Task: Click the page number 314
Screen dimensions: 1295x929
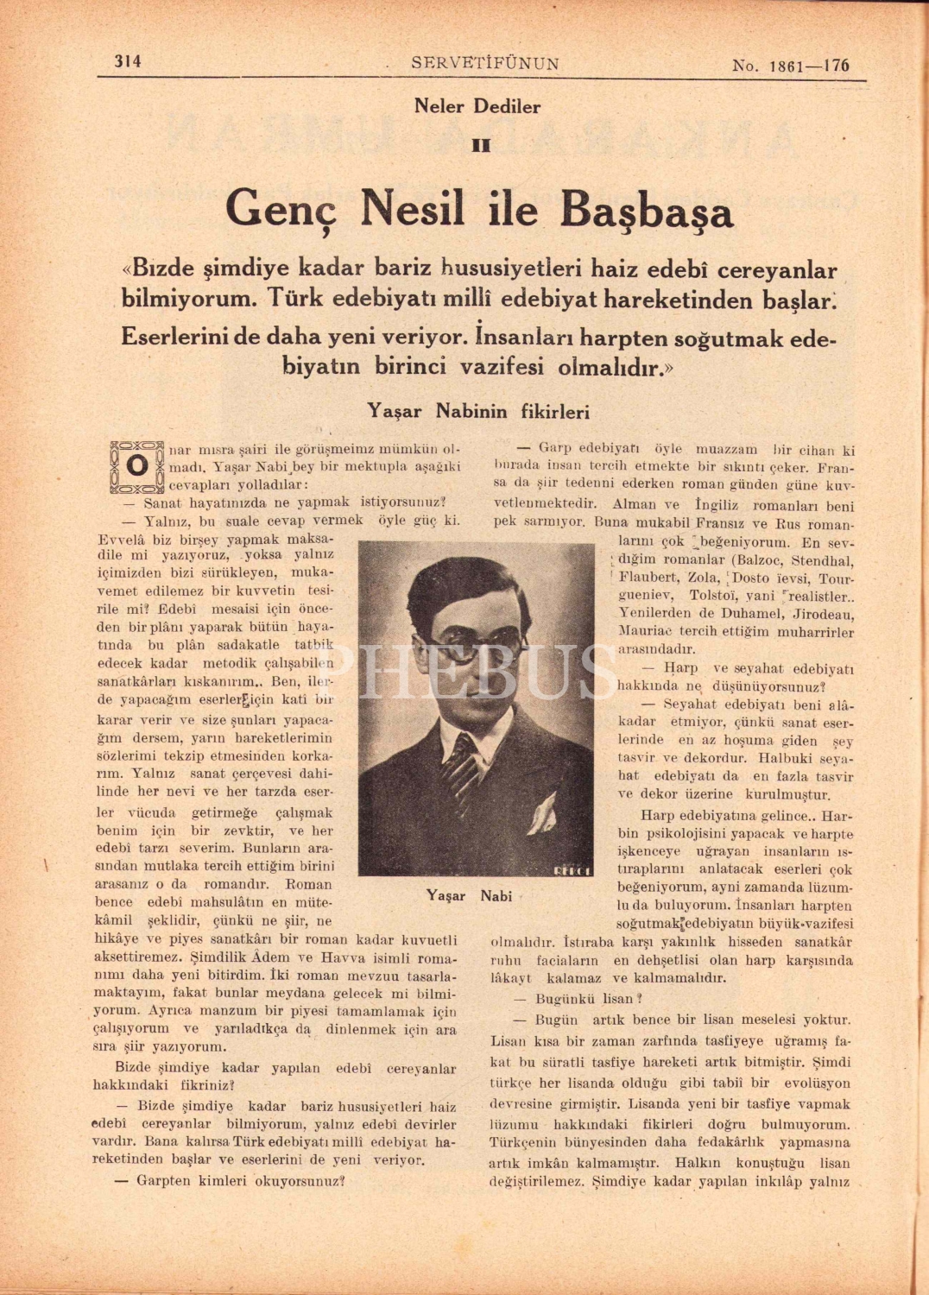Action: click(128, 61)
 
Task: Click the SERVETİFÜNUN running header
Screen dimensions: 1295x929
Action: click(485, 63)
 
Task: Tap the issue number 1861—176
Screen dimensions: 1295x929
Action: click(790, 65)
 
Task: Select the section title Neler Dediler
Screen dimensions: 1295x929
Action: click(477, 107)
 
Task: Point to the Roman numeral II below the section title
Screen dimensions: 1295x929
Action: click(481, 145)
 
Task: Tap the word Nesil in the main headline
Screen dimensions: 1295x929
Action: click(413, 209)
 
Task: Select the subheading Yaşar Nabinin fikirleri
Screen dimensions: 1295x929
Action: click(478, 411)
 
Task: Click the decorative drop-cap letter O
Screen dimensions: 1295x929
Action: click(136, 465)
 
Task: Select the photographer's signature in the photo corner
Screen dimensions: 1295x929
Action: click(572, 869)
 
